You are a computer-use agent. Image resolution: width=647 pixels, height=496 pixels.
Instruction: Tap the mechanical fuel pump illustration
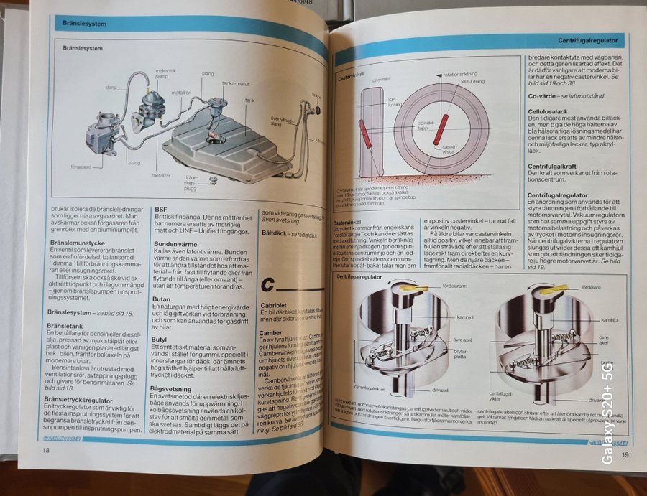coord(154,105)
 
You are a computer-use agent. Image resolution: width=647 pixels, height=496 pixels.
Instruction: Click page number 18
coord(45,450)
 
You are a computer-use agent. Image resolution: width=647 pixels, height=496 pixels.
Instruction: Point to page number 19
coord(625,454)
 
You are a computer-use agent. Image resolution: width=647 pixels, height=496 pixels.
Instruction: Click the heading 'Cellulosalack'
coord(551,111)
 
